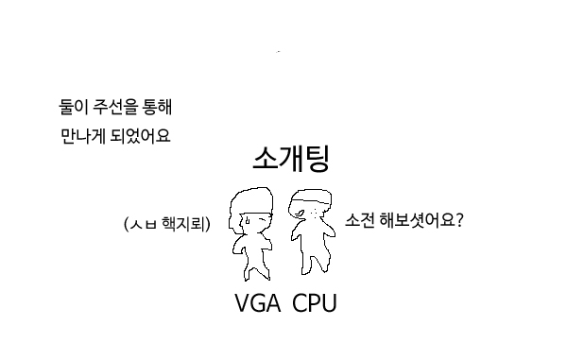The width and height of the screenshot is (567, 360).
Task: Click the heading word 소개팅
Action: coord(291,159)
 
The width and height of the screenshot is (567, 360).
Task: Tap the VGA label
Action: coord(258,304)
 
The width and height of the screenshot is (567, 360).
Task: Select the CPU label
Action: coord(315,304)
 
